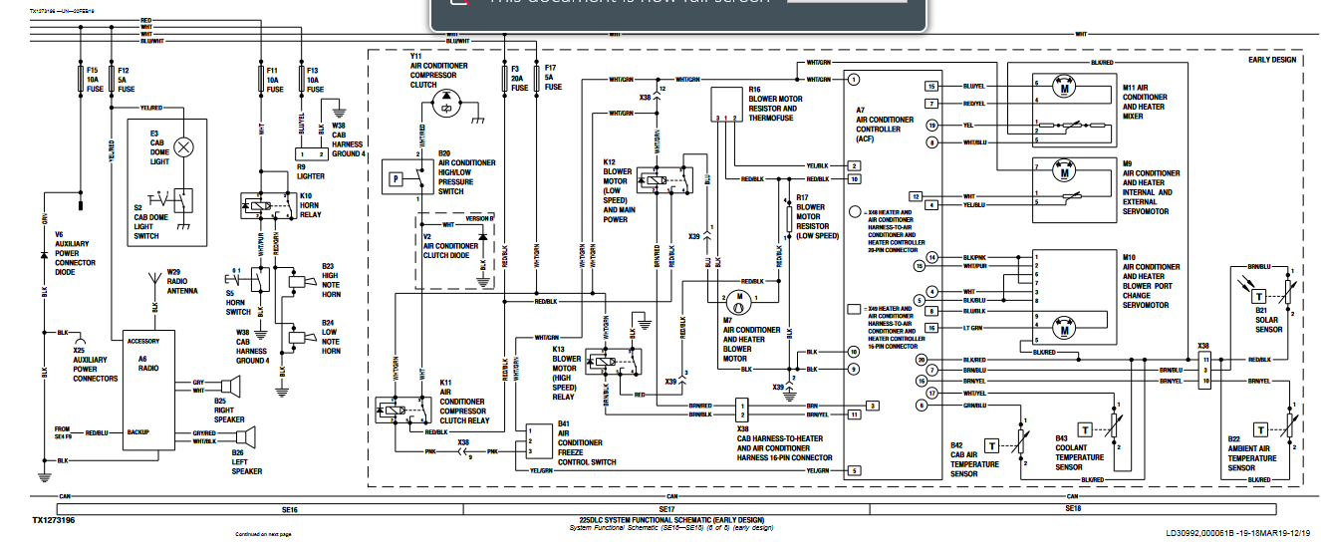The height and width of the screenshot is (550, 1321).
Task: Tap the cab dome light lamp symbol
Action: pyautogui.click(x=183, y=147)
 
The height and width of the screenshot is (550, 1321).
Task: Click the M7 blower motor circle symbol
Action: pyautogui.click(x=738, y=298)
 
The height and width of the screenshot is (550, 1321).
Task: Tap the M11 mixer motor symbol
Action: pyautogui.click(x=1063, y=90)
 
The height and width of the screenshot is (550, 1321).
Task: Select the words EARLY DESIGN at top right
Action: pyautogui.click(x=1272, y=60)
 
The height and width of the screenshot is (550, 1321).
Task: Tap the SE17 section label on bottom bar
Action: pyautogui.click(x=666, y=509)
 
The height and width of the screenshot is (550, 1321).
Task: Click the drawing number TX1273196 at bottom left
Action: pyautogui.click(x=52, y=520)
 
